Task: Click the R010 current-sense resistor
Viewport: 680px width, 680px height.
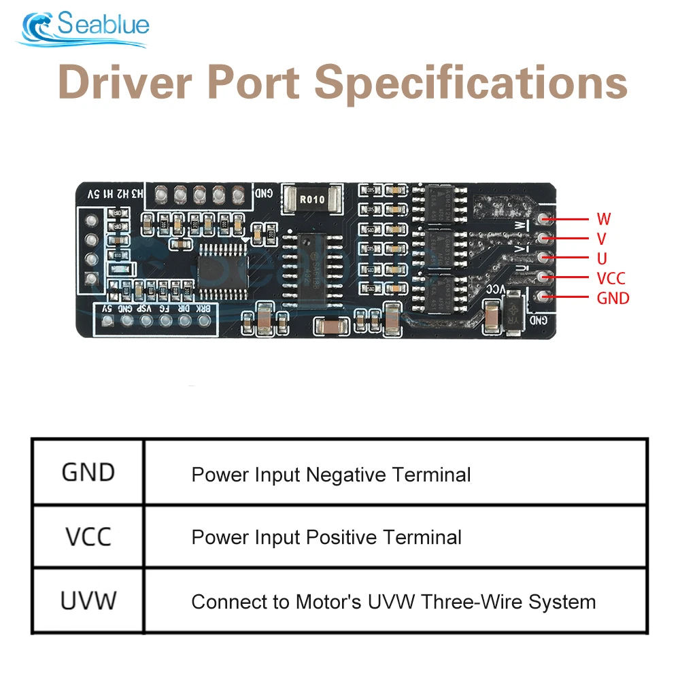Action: coord(312,199)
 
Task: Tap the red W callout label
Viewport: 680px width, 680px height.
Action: coord(603,219)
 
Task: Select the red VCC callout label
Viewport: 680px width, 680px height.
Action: coord(611,278)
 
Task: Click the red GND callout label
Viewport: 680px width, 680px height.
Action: coord(613,298)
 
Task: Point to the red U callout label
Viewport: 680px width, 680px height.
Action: coord(602,258)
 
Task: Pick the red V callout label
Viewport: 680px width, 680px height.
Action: coord(602,239)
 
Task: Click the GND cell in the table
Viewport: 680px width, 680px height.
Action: coord(88,473)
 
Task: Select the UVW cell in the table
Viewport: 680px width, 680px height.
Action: coord(88,601)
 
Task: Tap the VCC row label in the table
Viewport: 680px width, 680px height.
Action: coord(88,537)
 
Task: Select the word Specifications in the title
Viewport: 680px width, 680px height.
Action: coord(471,84)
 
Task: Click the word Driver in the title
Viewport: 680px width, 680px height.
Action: coord(129,84)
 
